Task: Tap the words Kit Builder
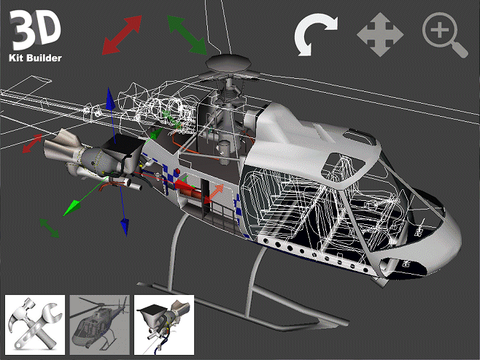[x=35, y=57]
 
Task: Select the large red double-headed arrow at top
[x=121, y=35]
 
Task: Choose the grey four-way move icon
[x=379, y=34]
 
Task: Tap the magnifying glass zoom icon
[x=444, y=34]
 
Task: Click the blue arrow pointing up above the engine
[x=109, y=102]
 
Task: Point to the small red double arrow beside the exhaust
[x=32, y=143]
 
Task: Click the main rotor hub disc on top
[x=226, y=65]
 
